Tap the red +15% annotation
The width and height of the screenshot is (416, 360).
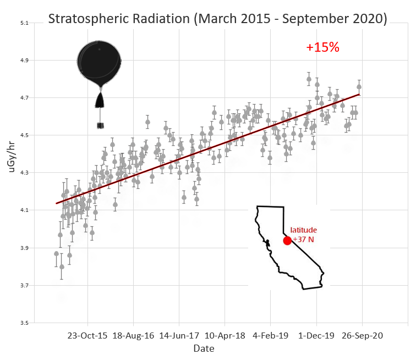point(322,47)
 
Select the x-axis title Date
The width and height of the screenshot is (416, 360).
point(200,348)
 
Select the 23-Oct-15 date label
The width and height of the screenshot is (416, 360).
point(87,335)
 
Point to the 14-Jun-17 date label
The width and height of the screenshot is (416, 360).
point(179,335)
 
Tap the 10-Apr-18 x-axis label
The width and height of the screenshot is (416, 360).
point(225,335)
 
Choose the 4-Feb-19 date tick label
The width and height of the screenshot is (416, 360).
point(271,335)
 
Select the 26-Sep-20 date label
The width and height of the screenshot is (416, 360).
point(363,335)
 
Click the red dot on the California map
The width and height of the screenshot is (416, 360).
point(287,241)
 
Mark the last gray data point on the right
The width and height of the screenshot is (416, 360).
point(359,86)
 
